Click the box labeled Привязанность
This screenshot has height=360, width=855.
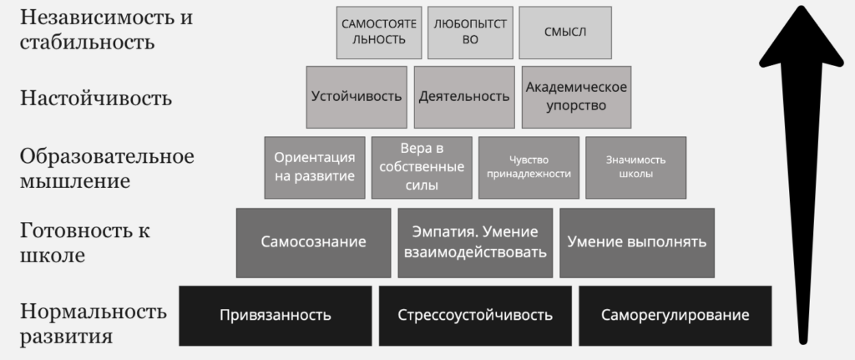coord(276,315)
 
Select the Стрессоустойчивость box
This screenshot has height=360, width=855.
coord(475,315)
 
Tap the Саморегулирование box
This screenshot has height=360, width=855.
coord(675,315)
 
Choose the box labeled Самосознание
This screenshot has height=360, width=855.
coord(314,242)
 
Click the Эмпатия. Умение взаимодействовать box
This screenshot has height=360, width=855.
coord(475,242)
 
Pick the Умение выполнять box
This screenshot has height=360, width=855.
coord(637,242)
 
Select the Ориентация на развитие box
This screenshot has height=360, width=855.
coord(315,167)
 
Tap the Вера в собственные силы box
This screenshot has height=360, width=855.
coord(422,167)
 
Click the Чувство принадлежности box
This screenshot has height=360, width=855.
coord(529,167)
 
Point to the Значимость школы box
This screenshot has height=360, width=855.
coord(635,167)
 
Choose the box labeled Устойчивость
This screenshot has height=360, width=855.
coord(357,97)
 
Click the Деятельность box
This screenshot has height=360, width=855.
coord(464,97)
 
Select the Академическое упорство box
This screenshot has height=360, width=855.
coord(576,97)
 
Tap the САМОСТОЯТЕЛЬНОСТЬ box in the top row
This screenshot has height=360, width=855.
coord(379,33)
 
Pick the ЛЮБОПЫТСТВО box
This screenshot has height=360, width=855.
coord(470,33)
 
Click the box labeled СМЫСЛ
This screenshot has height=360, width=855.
coord(565,33)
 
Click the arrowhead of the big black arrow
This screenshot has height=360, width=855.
coord(802,36)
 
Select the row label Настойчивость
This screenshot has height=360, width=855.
coord(96,99)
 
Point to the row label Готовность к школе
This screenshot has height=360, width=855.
coord(85,243)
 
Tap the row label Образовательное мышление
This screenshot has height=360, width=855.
coord(107,168)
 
